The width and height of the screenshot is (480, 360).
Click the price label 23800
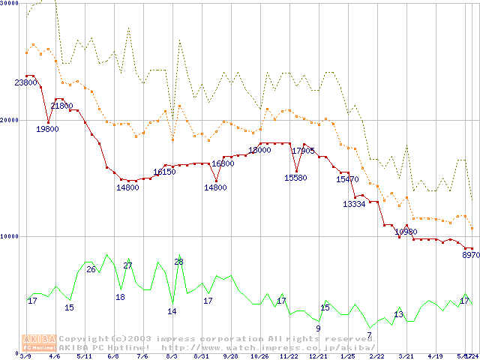click(26, 82)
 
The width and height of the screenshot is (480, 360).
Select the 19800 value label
click(47, 129)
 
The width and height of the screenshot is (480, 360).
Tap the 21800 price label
click(62, 106)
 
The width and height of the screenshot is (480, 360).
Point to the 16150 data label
click(164, 172)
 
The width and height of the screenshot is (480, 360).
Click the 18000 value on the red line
click(259, 150)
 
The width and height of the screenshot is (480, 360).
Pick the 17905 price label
click(304, 151)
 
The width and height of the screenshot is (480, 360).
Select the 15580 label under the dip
click(295, 178)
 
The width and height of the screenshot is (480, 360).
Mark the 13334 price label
click(354, 204)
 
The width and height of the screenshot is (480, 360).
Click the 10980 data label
click(406, 232)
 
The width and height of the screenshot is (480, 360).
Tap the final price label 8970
click(470, 256)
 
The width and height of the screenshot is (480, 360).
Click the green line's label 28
click(178, 262)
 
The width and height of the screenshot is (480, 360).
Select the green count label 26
click(91, 269)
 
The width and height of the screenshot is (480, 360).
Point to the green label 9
click(318, 328)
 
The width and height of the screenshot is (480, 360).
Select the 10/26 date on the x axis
click(259, 356)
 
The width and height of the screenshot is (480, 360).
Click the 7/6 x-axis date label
click(142, 356)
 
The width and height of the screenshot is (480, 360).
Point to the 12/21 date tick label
click(318, 356)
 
